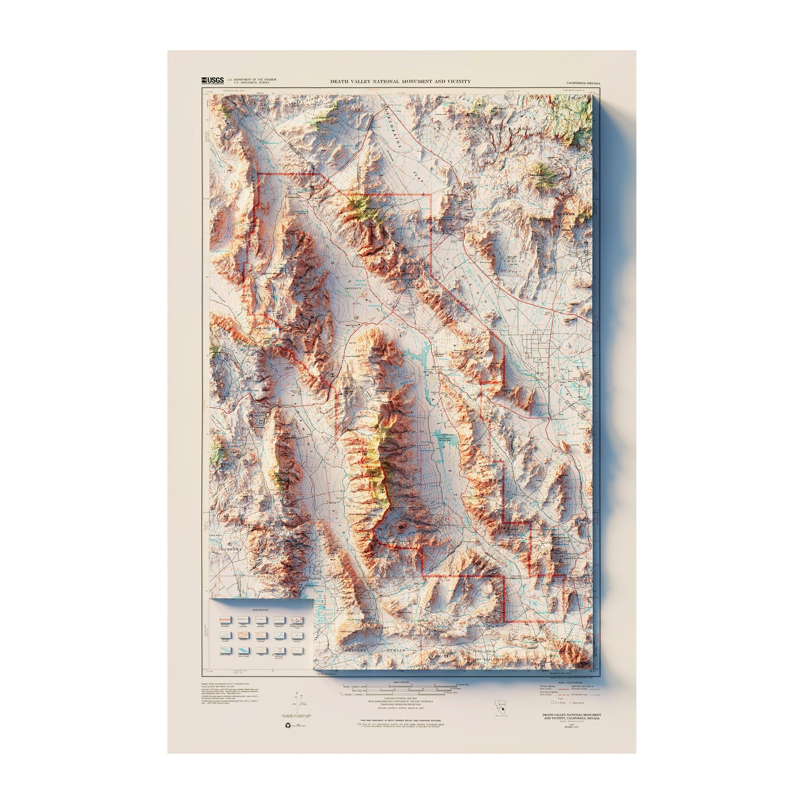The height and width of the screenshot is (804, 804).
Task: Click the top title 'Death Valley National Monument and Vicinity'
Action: pyautogui.click(x=400, y=81)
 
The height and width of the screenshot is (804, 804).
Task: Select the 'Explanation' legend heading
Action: pyautogui.click(x=260, y=610)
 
